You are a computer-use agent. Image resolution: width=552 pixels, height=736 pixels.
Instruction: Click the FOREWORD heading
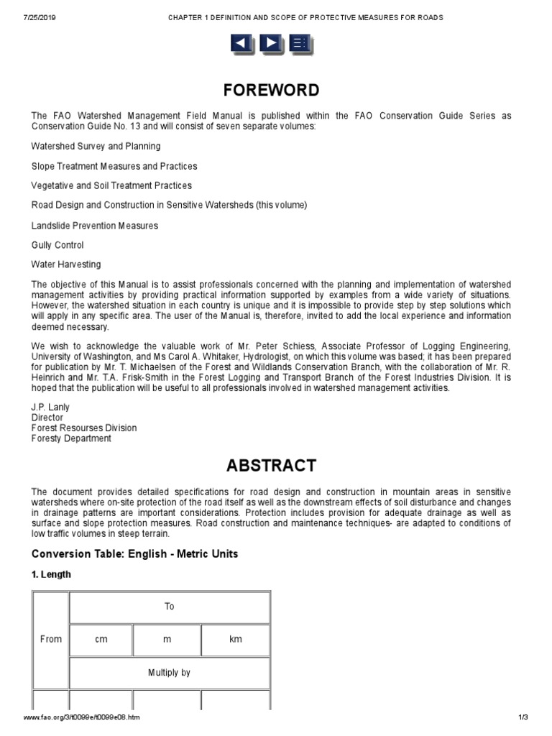[271, 91]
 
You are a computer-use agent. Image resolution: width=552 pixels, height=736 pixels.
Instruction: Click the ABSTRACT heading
[271, 465]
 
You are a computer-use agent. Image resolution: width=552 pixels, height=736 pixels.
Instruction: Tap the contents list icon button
[301, 44]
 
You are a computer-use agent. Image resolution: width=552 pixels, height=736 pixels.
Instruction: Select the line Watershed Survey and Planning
[96, 146]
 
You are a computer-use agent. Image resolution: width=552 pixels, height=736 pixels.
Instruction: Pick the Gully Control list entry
[57, 245]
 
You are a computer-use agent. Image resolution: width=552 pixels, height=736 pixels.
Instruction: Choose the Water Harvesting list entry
[66, 264]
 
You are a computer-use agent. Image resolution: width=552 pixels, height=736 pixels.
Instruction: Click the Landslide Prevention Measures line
[95, 226]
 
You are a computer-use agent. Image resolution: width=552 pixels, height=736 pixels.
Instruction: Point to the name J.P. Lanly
[50, 407]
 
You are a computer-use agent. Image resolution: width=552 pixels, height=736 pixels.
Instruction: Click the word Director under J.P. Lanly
[47, 418]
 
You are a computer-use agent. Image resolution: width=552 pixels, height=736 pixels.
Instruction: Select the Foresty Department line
[71, 438]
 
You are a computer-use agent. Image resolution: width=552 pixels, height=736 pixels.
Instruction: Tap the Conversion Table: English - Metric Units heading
[134, 553]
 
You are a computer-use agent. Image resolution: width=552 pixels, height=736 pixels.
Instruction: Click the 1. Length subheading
[51, 575]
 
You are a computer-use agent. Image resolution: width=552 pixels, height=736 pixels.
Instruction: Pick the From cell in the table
[50, 639]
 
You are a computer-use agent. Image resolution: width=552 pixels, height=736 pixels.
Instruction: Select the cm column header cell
[101, 640]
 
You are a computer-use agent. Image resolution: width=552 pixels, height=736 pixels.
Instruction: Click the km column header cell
[236, 640]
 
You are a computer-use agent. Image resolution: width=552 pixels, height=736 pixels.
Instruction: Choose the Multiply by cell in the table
[169, 673]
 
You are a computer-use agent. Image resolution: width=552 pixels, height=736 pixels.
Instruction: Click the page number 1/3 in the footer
[523, 718]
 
